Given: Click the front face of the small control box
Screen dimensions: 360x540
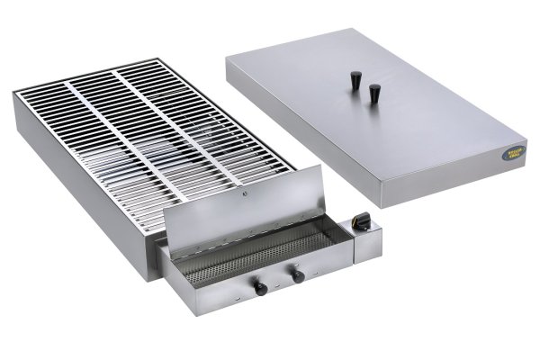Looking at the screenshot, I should pos(371,241).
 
